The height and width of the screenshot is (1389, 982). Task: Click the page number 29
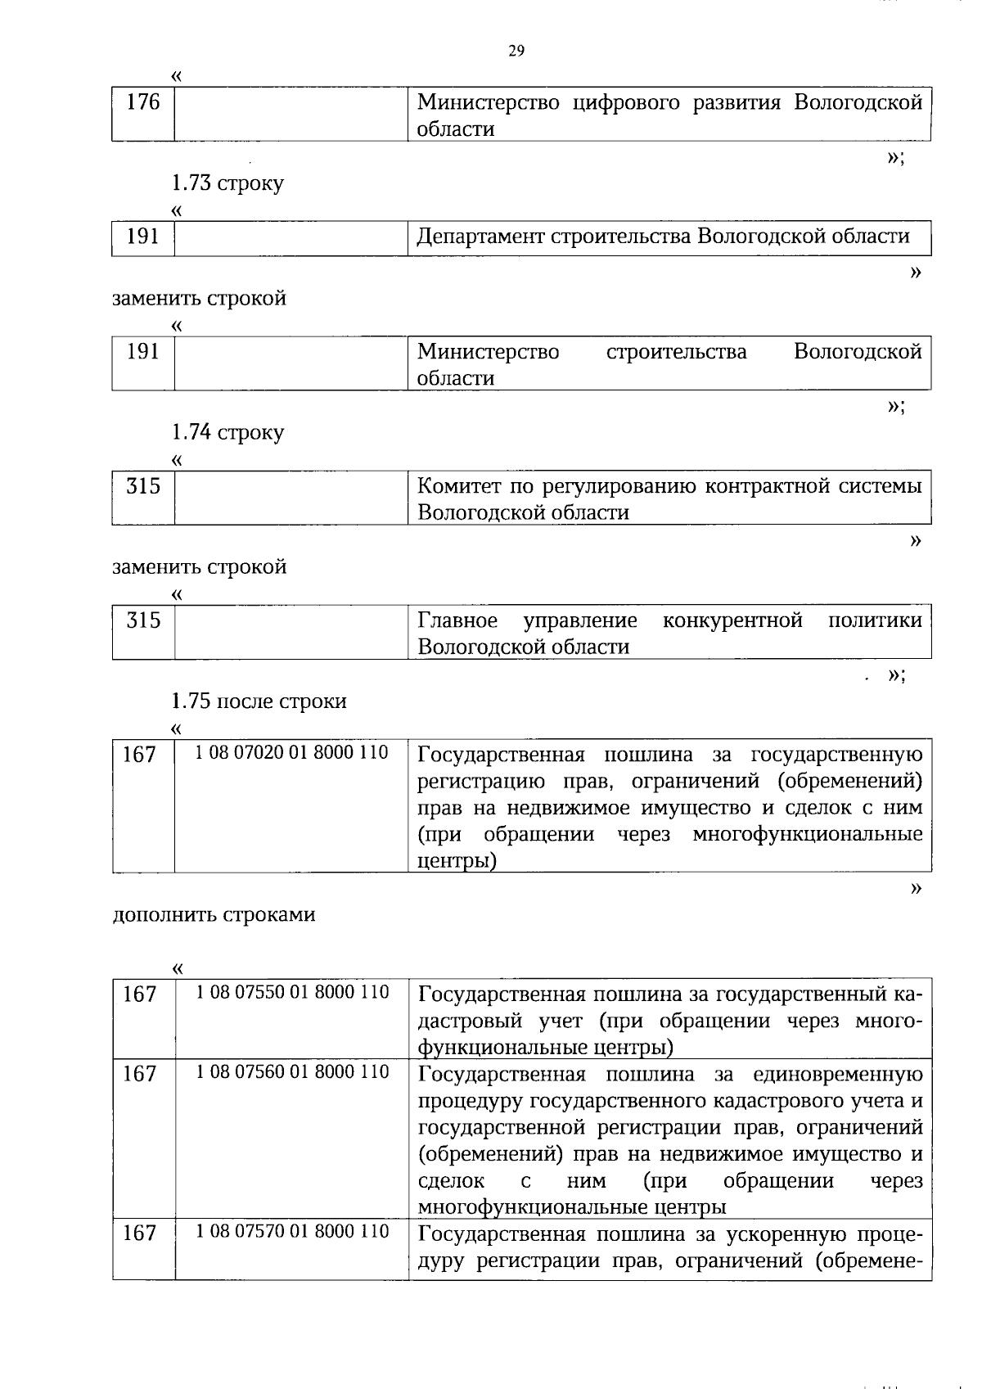[516, 51]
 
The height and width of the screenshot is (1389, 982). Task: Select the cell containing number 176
[143, 103]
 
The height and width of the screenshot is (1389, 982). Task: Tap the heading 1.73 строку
[227, 183]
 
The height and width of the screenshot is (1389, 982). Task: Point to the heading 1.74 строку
[227, 432]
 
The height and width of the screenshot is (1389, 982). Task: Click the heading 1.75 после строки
[259, 701]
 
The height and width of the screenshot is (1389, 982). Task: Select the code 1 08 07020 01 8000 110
[291, 752]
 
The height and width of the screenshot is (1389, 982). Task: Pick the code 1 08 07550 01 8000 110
[291, 993]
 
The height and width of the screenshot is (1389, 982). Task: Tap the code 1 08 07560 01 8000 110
[291, 1072]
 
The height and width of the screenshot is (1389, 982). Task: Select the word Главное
[457, 620]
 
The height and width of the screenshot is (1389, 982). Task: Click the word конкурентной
[732, 620]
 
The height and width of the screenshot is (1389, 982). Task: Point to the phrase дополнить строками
[214, 914]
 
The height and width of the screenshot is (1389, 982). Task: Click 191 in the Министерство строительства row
[143, 352]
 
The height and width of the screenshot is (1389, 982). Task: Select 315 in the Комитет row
[143, 487]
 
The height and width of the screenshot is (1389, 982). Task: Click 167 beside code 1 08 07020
[139, 755]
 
